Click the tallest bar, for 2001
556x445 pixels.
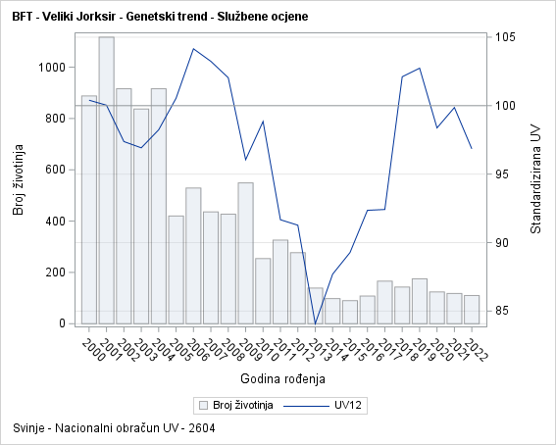pyautogui.click(x=106, y=180)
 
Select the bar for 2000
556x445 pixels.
pyautogui.click(x=89, y=210)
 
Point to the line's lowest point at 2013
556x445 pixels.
pyautogui.click(x=316, y=323)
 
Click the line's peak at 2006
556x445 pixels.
pyautogui.click(x=193, y=48)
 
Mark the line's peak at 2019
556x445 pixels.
pyautogui.click(x=420, y=68)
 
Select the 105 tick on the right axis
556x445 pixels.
pyautogui.click(x=506, y=37)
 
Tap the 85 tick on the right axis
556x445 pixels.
pyautogui.click(x=503, y=312)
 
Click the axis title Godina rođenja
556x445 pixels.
pyautogui.click(x=281, y=378)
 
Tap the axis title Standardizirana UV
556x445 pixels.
pyautogui.click(x=535, y=178)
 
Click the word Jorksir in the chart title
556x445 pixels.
pyautogui.click(x=99, y=18)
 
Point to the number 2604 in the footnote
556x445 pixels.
pyautogui.click(x=200, y=428)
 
